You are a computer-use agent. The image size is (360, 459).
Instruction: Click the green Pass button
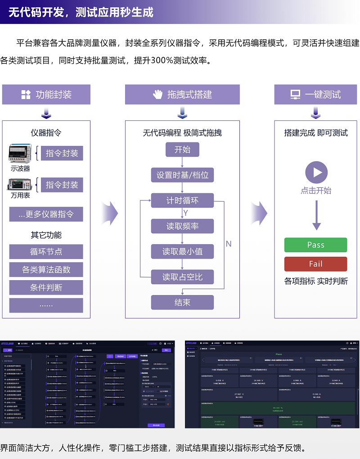315,245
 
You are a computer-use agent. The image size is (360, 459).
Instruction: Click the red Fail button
315,264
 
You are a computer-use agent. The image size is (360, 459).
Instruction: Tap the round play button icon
316,173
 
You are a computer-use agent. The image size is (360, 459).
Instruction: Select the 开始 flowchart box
182,150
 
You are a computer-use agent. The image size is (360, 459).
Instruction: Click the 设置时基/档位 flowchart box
182,175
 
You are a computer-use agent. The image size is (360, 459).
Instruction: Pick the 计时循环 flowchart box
182,200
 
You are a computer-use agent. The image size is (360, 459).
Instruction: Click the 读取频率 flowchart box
182,226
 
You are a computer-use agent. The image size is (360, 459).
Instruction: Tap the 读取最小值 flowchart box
182,251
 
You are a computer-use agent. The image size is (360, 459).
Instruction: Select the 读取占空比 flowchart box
182,277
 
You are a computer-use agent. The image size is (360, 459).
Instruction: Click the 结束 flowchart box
182,302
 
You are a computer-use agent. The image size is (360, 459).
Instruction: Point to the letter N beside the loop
229,244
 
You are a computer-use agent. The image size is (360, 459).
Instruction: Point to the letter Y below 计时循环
185,213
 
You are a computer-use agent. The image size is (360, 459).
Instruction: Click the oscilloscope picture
20,154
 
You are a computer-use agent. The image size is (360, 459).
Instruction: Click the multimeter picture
20,185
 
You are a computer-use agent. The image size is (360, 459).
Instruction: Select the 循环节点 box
46,251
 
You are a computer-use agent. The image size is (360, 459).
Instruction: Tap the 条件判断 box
46,287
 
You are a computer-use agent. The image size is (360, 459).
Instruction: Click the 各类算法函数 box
46,269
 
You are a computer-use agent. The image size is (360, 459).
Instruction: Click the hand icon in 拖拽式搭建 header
157,95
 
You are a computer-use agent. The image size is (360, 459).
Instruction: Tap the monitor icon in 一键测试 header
295,95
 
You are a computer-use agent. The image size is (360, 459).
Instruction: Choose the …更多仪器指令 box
46,214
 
